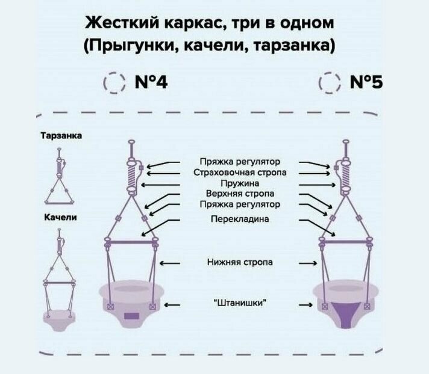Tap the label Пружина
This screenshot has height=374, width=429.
click(x=239, y=183)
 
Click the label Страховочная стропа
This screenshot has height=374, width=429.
click(x=239, y=173)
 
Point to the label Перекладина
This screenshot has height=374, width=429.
click(x=239, y=219)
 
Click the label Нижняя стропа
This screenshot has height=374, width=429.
click(x=239, y=262)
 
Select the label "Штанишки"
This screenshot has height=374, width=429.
click(x=239, y=304)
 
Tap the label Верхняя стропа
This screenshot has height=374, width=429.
click(x=239, y=194)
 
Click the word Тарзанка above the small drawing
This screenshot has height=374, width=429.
click(x=60, y=136)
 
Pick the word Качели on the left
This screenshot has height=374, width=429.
click(x=60, y=217)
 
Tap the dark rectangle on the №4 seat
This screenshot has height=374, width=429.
click(x=131, y=315)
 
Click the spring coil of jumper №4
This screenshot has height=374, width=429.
click(x=131, y=176)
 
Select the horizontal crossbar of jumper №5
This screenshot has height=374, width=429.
click(x=346, y=242)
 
